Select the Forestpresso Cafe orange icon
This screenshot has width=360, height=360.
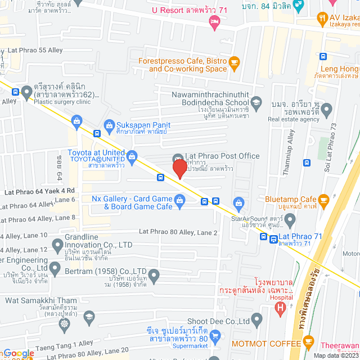coord(235,61)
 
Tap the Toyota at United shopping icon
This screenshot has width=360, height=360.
coord(132,155)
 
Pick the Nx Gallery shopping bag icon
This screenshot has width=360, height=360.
coord(180,200)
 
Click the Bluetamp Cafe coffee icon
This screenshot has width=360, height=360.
coord(323,199)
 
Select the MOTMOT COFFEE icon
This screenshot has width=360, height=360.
coord(308,340)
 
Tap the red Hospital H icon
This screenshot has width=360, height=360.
coord(281,309)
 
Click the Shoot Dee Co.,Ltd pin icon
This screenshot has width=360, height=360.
coord(257,321)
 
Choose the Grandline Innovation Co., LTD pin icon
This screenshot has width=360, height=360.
coord(57,245)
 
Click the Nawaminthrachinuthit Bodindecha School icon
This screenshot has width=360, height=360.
coord(256,102)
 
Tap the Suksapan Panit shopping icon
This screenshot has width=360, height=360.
coord(109,125)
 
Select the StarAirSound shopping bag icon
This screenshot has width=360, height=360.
coord(238,202)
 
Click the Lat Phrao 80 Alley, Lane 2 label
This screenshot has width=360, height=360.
coord(178,232)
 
